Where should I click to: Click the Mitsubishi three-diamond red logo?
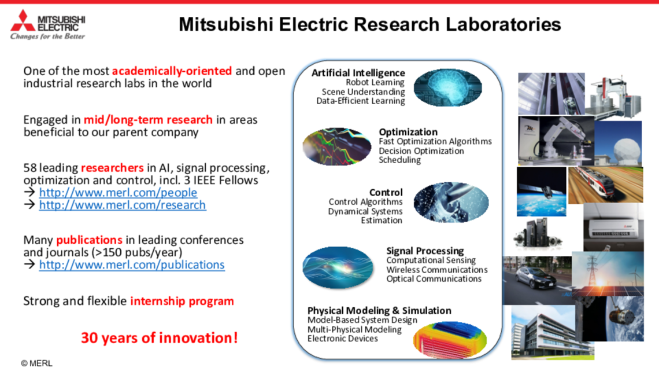(x=23, y=21)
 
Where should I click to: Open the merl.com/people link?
(x=118, y=193)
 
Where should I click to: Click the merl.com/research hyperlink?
(x=123, y=205)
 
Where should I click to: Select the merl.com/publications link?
(x=132, y=265)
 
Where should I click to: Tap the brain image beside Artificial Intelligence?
(x=447, y=87)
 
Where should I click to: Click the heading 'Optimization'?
(x=408, y=131)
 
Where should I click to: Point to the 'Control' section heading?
(x=386, y=192)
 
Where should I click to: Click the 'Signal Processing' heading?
(x=425, y=251)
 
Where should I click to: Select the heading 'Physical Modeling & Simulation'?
(x=379, y=310)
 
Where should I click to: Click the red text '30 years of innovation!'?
(x=160, y=338)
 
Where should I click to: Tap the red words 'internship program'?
(x=182, y=301)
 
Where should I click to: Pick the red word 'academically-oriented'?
(x=172, y=71)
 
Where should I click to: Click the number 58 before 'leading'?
(x=29, y=168)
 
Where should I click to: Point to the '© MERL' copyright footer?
(x=37, y=363)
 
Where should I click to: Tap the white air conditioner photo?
(x=613, y=227)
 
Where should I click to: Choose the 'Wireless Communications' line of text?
(x=437, y=270)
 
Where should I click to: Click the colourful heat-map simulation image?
(x=450, y=339)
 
